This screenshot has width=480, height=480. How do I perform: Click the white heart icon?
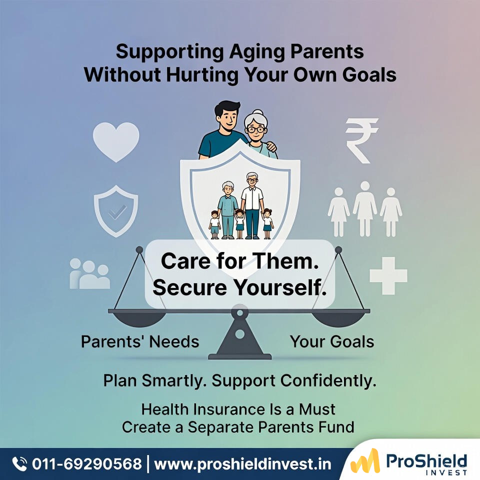116,141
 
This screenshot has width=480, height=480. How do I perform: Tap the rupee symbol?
362,140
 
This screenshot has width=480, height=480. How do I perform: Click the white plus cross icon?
388,275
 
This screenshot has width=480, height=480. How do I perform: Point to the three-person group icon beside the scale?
90,273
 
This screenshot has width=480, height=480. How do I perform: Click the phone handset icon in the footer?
19,463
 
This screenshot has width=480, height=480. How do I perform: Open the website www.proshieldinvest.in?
242,464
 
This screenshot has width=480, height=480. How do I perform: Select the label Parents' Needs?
140,342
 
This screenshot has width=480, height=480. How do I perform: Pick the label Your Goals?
332,342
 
